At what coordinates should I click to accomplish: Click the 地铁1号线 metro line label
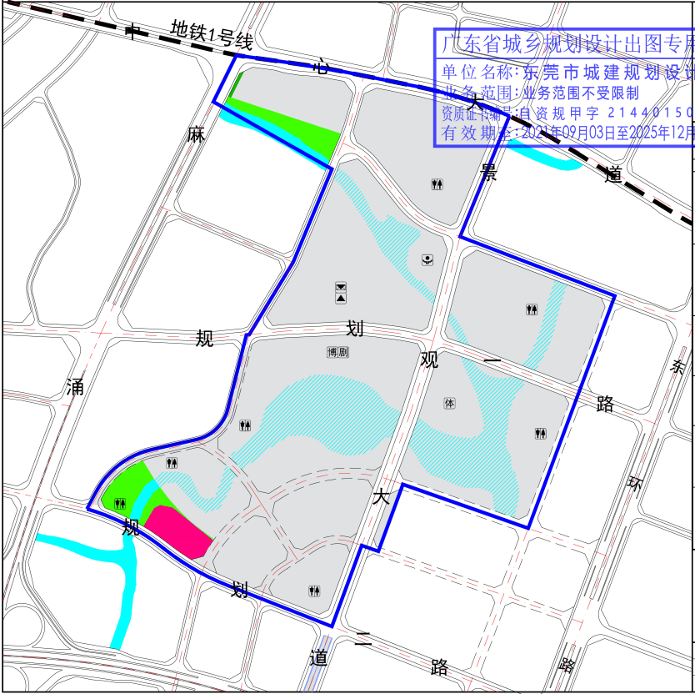[211, 34]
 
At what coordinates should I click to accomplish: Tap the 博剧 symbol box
[337, 352]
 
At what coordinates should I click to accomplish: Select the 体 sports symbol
[450, 404]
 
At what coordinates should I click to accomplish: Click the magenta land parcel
[176, 531]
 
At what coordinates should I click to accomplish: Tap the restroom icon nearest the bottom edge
[314, 591]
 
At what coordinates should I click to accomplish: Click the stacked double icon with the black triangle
[341, 292]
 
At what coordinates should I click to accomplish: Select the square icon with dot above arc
[427, 259]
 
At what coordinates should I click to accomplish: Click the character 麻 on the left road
[196, 134]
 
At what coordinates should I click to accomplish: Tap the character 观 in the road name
[429, 360]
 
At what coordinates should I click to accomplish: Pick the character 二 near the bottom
[362, 641]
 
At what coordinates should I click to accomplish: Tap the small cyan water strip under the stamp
[546, 154]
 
